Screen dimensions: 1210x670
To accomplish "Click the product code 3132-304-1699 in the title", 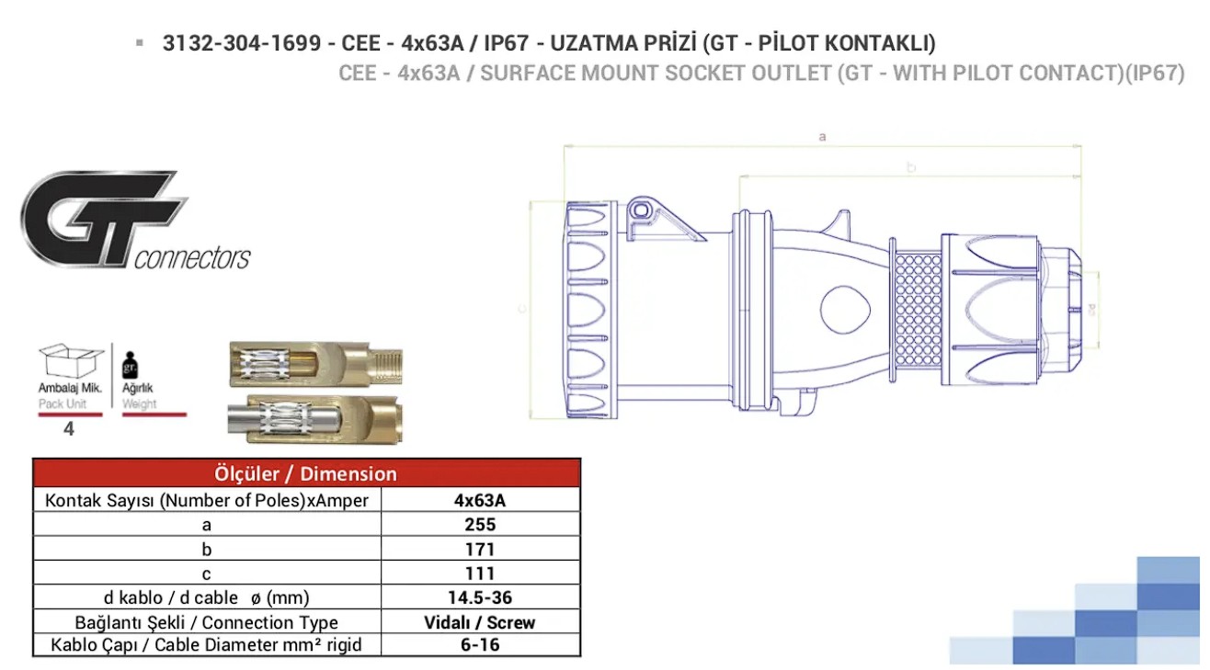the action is pos(242,43).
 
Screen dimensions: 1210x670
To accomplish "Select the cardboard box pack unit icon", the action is pos(71,360).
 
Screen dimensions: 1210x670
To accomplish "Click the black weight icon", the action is pos(130,365).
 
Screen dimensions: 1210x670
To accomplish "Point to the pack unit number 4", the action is pos(69,428).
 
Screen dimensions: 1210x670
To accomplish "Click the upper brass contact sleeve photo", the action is pos(316,364).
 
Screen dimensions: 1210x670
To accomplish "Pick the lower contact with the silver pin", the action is pos(315,419).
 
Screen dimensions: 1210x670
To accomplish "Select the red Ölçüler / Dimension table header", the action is pos(306,473).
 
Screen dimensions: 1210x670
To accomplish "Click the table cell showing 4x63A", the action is pos(480,501).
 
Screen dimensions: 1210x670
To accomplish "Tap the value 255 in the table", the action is pos(480,524).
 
